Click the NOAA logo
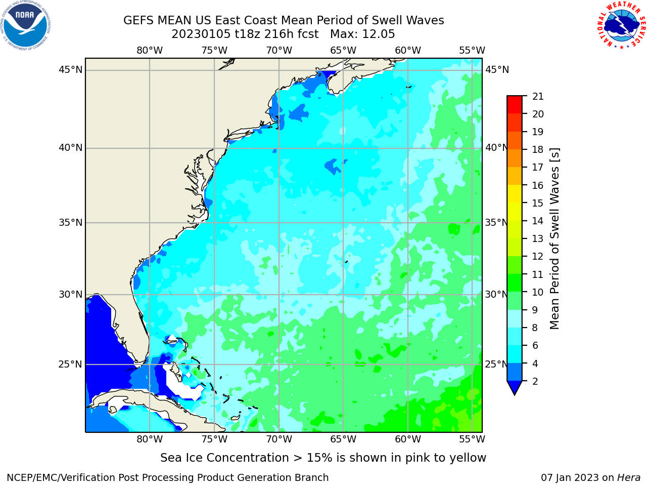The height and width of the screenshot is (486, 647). point(25,25)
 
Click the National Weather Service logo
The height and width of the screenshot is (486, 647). point(621,25)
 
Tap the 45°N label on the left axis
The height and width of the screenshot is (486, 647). point(70,70)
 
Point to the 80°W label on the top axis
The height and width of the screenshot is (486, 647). point(150,51)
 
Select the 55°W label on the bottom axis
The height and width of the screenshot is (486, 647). point(472,439)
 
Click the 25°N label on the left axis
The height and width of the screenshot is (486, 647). point(70,364)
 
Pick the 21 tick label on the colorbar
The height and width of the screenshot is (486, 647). point(538,97)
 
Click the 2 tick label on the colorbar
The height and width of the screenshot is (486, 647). point(535,381)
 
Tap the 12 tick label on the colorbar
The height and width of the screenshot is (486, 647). point(538,257)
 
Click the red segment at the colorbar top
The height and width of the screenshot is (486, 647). point(515,105)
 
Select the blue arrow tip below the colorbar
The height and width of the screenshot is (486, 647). point(515,394)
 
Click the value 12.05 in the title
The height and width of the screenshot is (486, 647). point(378,34)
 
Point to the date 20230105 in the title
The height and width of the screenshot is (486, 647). point(201,34)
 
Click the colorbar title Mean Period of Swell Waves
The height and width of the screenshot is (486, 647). point(554,239)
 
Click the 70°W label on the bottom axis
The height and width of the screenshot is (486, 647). point(279,439)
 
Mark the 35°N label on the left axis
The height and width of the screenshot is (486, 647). point(70,222)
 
